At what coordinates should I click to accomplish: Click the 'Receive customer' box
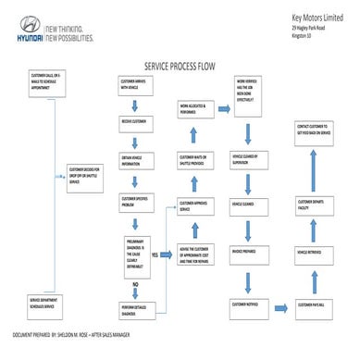(135, 120)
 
